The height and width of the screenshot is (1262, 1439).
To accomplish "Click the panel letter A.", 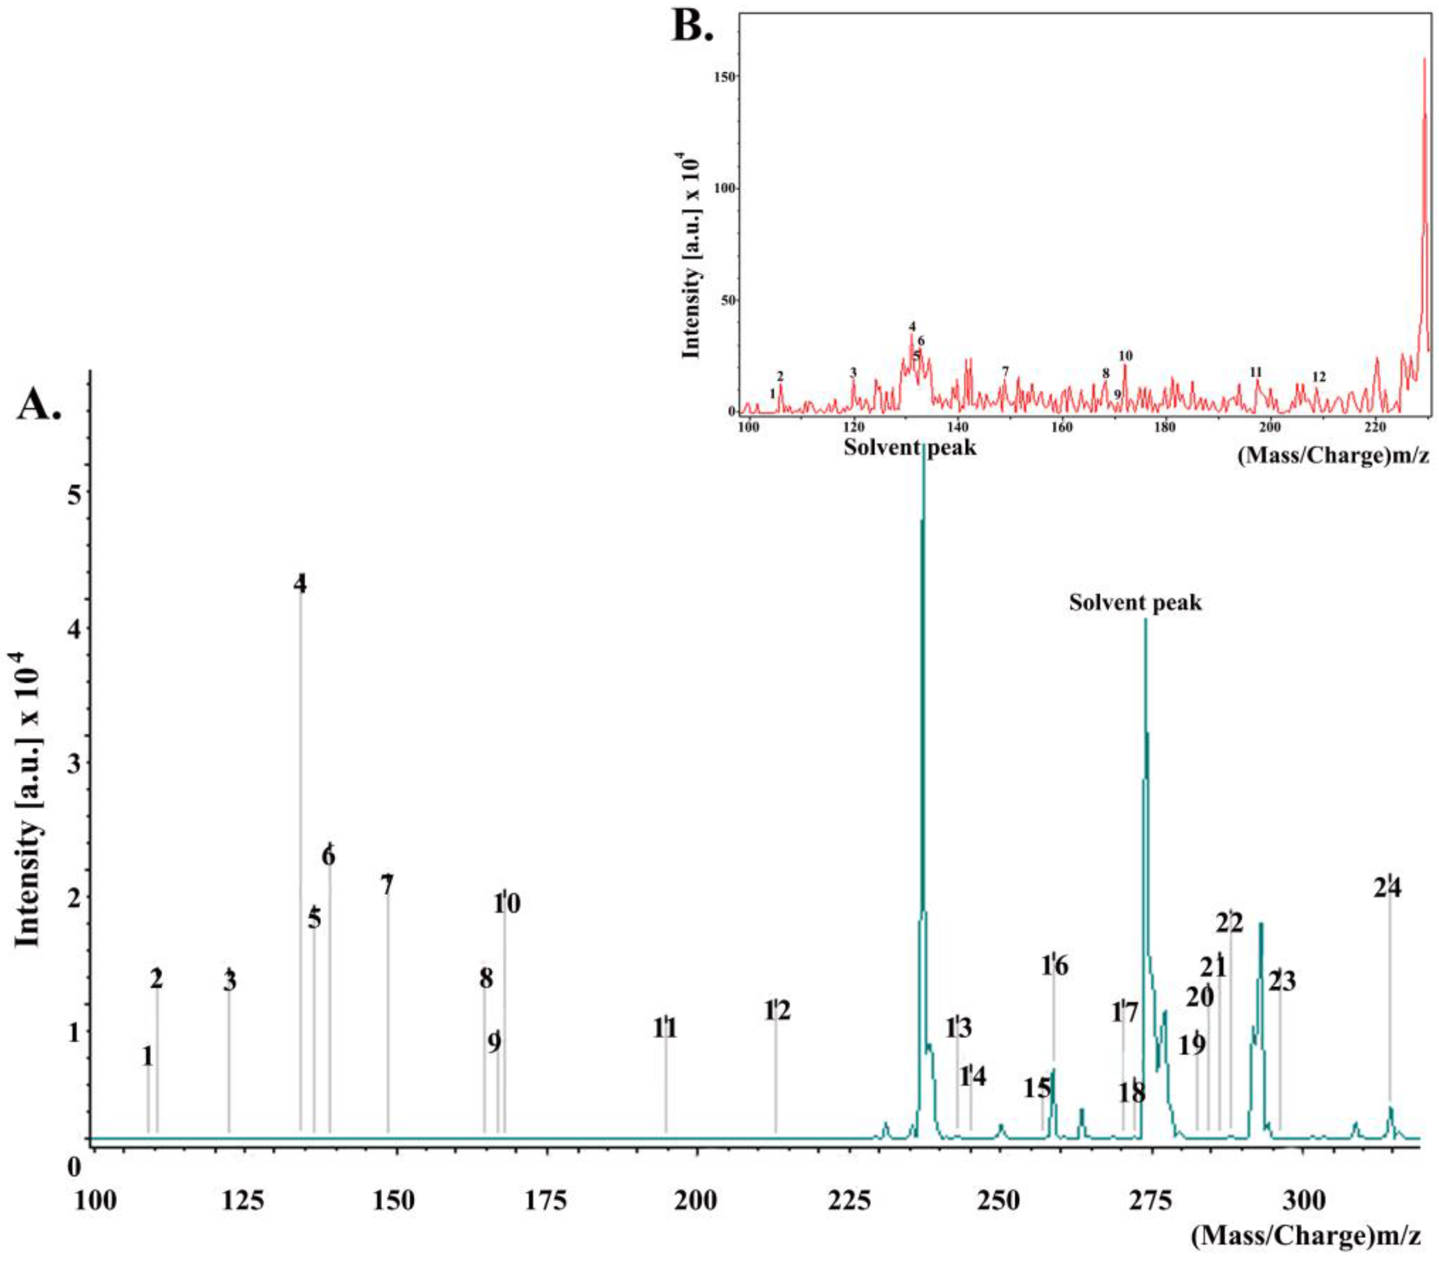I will (x=39, y=406).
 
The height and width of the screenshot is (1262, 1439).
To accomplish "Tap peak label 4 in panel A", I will (x=300, y=584).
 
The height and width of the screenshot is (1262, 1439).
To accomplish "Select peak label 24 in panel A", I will (x=1387, y=888).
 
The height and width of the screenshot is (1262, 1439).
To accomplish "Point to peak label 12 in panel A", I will (x=777, y=1011).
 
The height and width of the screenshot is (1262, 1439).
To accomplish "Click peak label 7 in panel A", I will (x=387, y=885).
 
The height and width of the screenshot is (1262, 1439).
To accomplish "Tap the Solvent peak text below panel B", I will (x=910, y=447).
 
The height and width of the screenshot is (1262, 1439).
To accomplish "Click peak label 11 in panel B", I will (x=1255, y=373).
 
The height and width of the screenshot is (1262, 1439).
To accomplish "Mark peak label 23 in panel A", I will (x=1281, y=981).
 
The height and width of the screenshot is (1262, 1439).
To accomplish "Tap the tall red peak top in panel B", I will (x=1424, y=60).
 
